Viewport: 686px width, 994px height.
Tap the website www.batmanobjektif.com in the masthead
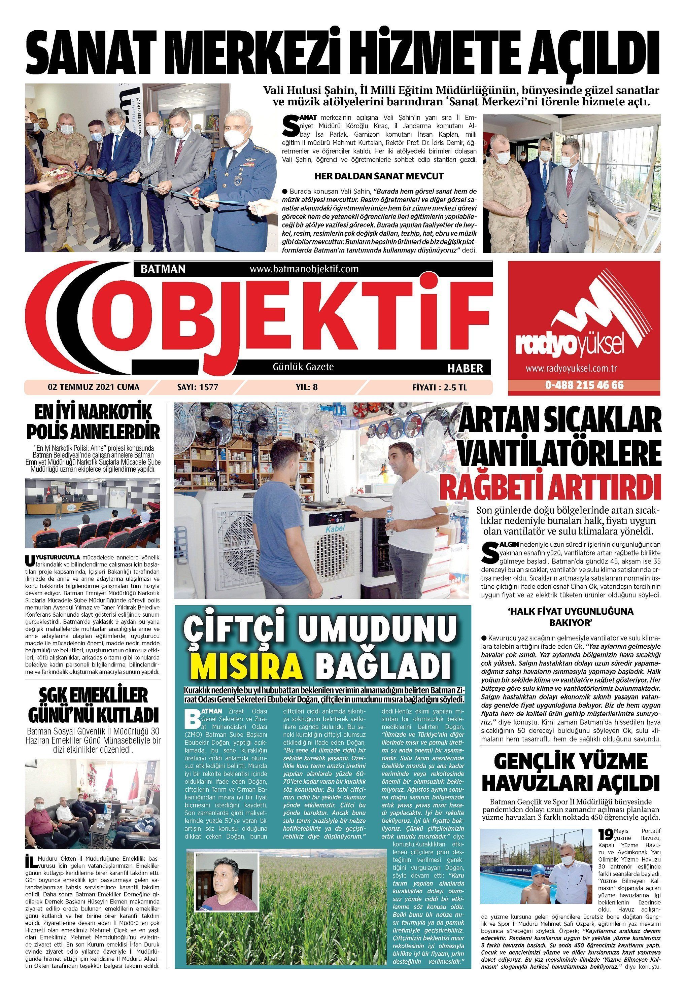tap(304, 269)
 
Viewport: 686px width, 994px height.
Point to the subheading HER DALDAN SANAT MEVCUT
tap(379, 176)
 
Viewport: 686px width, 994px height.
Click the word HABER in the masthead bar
tap(465, 368)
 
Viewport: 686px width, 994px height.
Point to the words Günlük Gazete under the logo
tap(303, 367)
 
